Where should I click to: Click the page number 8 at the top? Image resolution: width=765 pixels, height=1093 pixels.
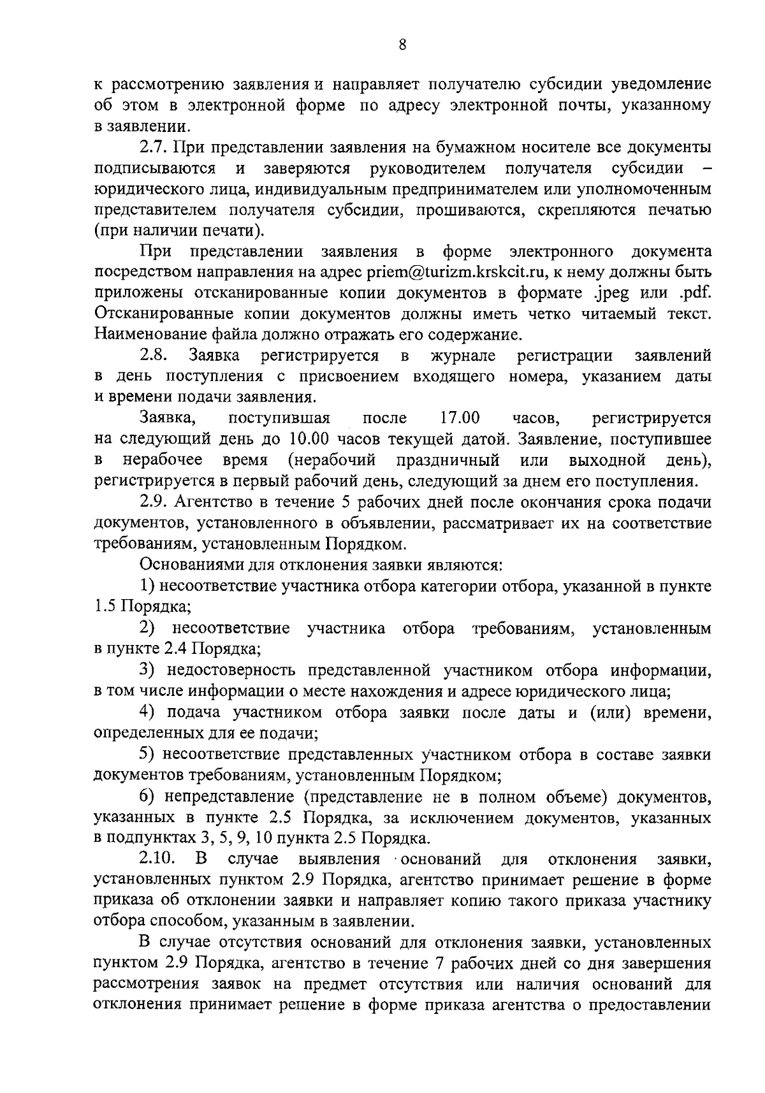[402, 45]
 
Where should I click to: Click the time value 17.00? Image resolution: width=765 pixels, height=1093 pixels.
[460, 419]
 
